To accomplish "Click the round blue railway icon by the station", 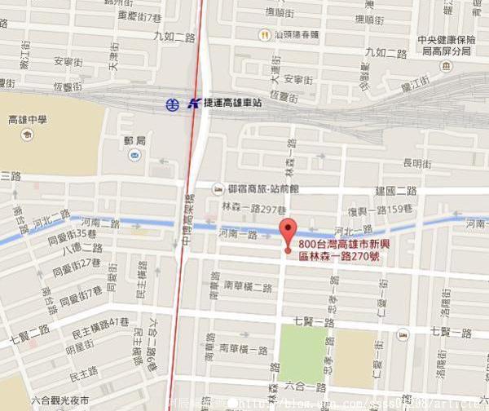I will tap(172, 104).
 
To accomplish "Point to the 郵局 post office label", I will tap(135, 141).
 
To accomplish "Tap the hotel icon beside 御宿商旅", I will tap(218, 189).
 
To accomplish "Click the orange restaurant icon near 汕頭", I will tap(264, 34).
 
